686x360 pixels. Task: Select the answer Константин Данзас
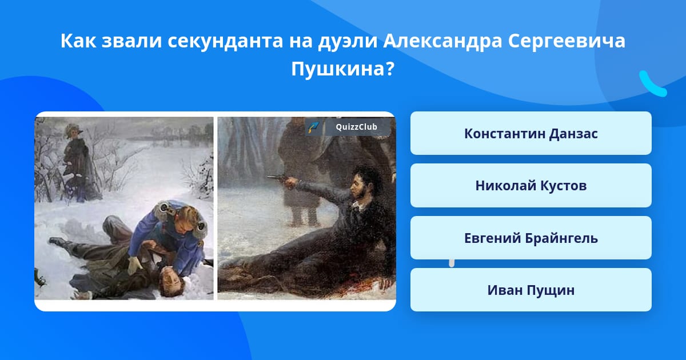[x=531, y=133]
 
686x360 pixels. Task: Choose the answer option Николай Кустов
[x=531, y=186]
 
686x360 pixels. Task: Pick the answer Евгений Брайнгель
[x=531, y=238]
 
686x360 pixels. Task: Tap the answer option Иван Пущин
[x=531, y=290]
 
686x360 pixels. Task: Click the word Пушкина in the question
[x=342, y=69]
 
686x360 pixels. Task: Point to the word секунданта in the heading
[x=225, y=41]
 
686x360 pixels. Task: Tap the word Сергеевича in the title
[x=567, y=41]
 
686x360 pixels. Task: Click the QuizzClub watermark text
[x=356, y=127]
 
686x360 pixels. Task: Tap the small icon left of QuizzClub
[x=314, y=127]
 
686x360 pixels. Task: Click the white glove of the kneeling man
[x=134, y=265]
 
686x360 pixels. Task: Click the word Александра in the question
[x=442, y=41]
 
